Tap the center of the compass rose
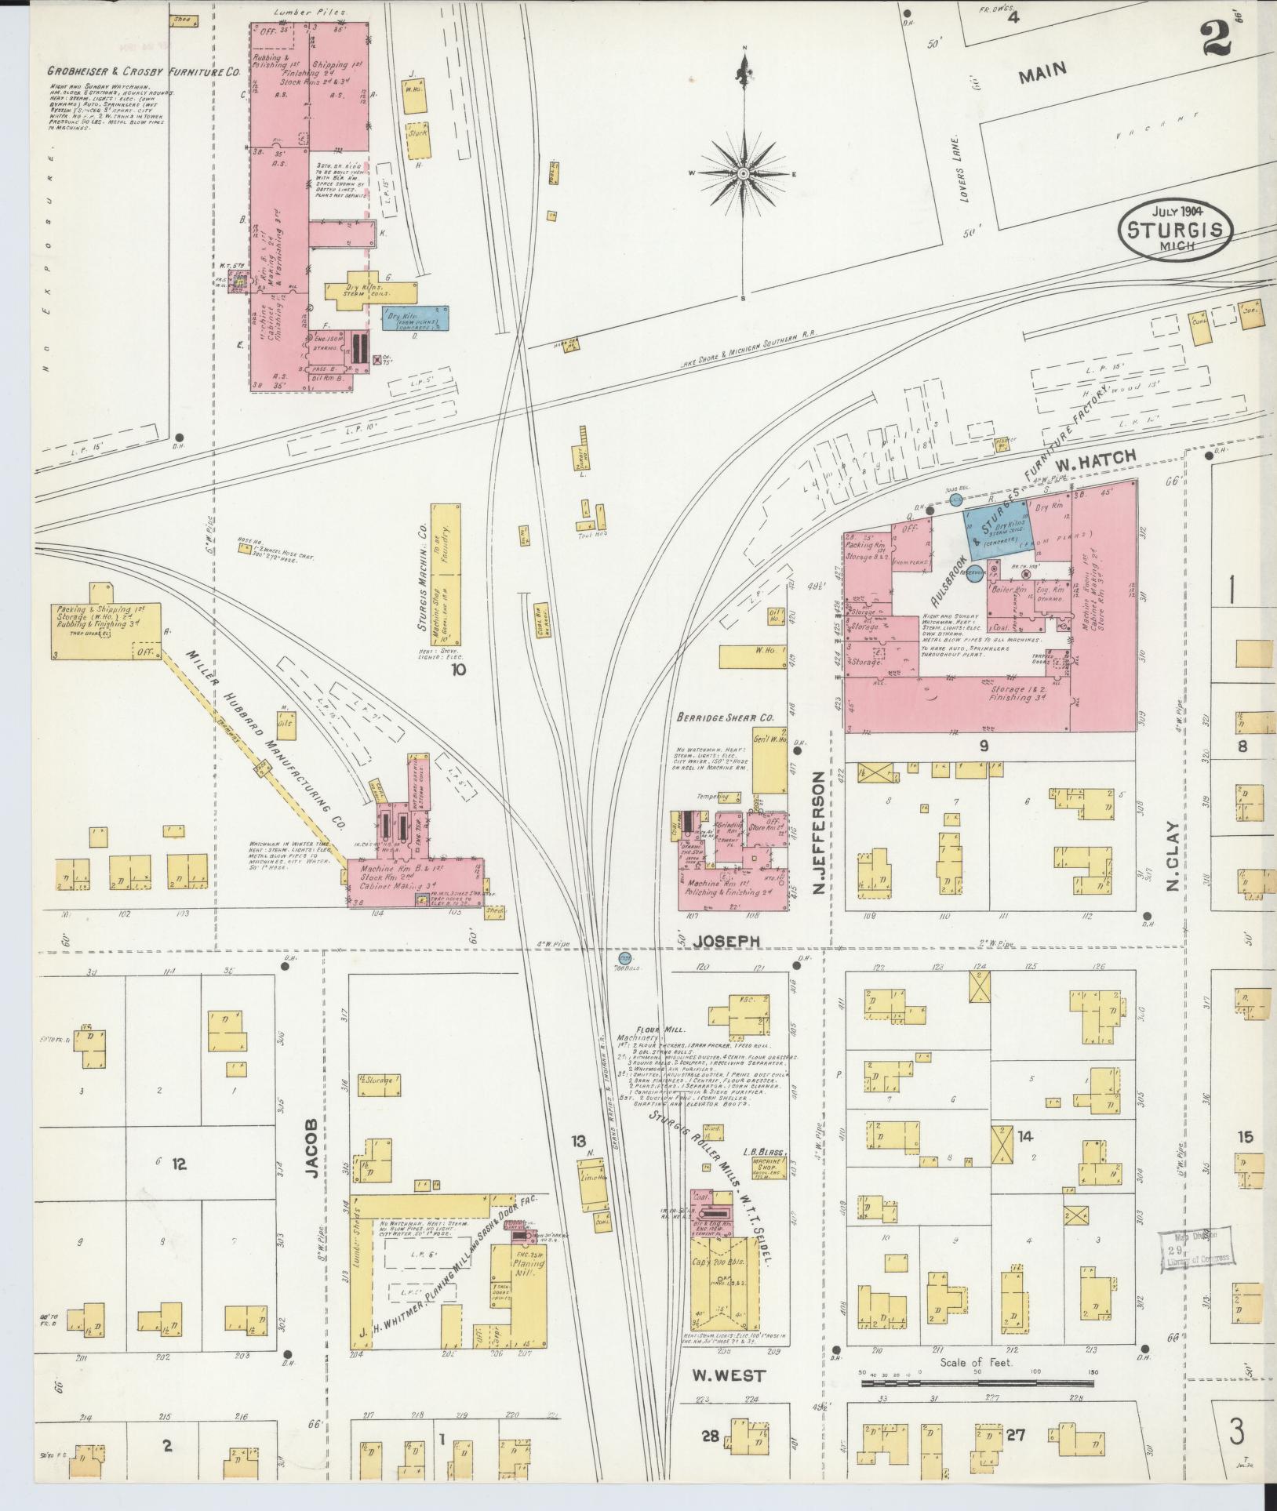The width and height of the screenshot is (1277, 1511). (742, 173)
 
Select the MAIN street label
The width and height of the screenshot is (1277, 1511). (1043, 74)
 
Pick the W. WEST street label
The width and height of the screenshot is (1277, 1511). (729, 1375)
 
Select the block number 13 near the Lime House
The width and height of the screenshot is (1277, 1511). (579, 1140)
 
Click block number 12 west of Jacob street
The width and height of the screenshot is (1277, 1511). (179, 1164)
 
